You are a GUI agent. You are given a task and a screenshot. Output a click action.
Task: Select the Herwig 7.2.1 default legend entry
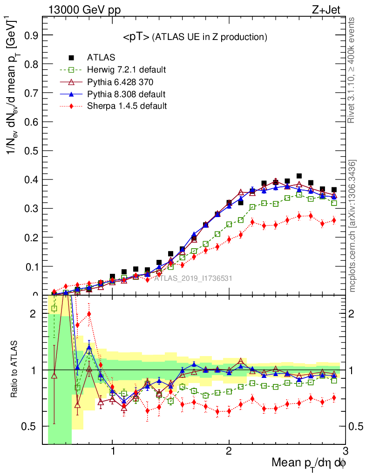[x=126, y=70]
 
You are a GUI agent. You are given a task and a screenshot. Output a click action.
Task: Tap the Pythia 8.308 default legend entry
[x=126, y=94]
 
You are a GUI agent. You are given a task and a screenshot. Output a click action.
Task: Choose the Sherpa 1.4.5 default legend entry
[x=127, y=106]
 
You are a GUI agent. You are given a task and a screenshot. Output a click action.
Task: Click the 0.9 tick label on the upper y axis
[x=31, y=35]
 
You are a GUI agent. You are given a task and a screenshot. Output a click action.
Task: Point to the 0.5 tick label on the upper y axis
[x=31, y=151]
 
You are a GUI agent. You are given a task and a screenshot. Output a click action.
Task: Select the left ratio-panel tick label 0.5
[x=31, y=426]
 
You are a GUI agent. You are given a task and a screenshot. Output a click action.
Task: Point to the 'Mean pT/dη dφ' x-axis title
[x=309, y=463]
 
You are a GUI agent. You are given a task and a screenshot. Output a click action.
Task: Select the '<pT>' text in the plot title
[x=136, y=37]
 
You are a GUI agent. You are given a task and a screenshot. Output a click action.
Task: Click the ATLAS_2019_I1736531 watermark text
[x=193, y=279]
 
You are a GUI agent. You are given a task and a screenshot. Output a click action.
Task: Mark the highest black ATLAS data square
[x=299, y=176]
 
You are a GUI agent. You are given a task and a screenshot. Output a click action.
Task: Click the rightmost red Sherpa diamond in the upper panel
[x=334, y=220]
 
